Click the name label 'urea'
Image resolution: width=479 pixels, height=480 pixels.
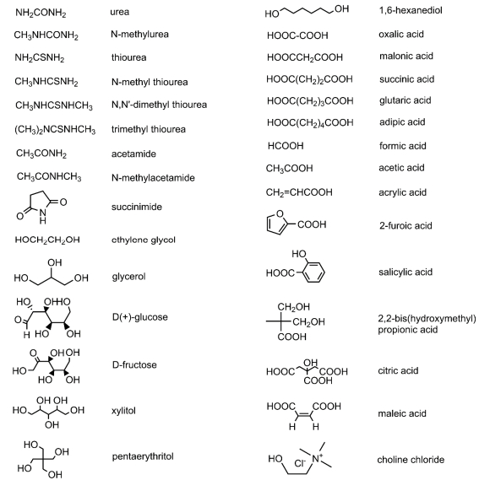120,12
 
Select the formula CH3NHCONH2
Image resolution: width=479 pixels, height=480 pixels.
46,35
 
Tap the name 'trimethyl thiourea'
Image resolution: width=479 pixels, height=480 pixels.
149,129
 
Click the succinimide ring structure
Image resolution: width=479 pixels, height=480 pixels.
41,208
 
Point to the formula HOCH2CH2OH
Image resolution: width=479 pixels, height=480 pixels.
47,240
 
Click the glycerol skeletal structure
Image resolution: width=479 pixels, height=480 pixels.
52,272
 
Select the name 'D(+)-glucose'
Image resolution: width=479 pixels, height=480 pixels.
140,317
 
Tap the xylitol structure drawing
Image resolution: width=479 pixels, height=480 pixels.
48,412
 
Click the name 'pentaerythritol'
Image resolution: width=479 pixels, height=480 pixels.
143,456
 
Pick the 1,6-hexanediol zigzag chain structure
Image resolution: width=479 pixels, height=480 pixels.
307,11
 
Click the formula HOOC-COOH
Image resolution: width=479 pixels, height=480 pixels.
297,35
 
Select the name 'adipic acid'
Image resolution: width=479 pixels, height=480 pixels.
402,122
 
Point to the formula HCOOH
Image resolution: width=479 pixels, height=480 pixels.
286,146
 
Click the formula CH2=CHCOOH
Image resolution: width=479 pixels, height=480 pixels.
299,192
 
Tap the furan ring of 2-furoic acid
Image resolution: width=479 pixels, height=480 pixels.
277,224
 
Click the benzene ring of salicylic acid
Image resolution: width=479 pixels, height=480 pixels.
313,272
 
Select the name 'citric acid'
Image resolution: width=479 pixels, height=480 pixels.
398,370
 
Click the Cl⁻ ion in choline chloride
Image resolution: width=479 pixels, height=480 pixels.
300,463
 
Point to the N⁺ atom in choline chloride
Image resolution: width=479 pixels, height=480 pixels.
317,459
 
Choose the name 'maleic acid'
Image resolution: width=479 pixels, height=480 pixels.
402,413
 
